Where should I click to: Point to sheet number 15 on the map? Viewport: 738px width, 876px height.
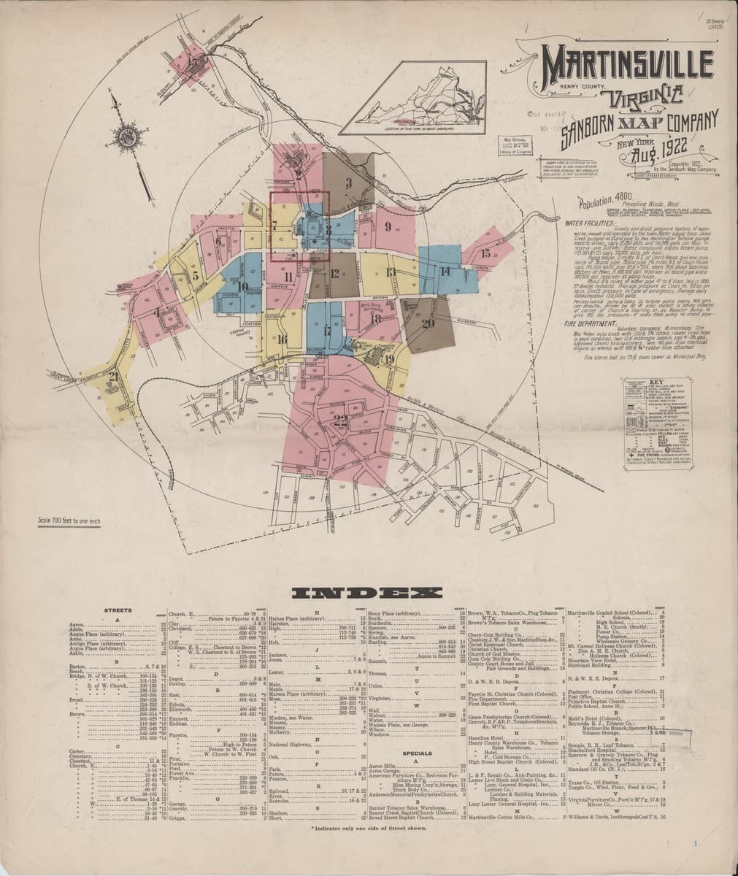[485, 254]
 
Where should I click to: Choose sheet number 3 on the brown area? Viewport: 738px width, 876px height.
[349, 182]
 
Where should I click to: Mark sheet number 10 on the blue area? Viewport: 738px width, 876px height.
[242, 286]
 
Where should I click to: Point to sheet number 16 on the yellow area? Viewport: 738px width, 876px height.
[282, 339]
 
